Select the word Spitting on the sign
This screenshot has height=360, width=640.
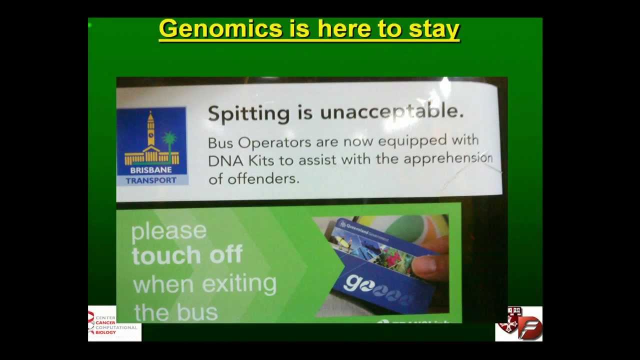248,113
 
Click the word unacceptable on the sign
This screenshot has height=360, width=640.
391,112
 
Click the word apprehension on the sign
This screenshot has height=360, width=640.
448,159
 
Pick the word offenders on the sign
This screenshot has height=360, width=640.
263,178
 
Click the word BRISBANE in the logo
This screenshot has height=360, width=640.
151,170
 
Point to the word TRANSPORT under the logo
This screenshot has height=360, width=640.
151,180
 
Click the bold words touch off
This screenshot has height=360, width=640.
187,255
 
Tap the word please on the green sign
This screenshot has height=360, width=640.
168,231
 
